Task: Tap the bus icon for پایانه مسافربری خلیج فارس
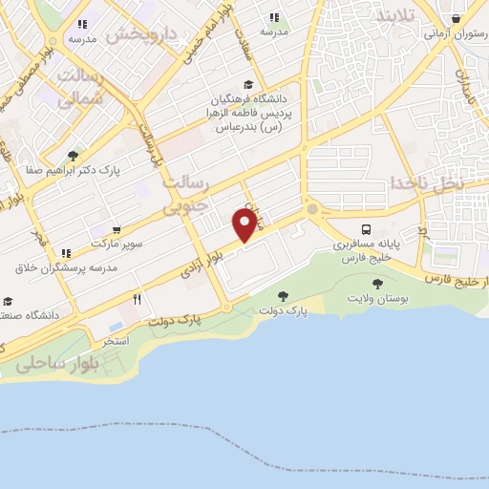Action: [x=366, y=230]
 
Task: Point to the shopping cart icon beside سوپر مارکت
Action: [x=117, y=230]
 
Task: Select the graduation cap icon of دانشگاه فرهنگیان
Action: [x=249, y=84]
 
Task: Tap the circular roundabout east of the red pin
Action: [x=311, y=209]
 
